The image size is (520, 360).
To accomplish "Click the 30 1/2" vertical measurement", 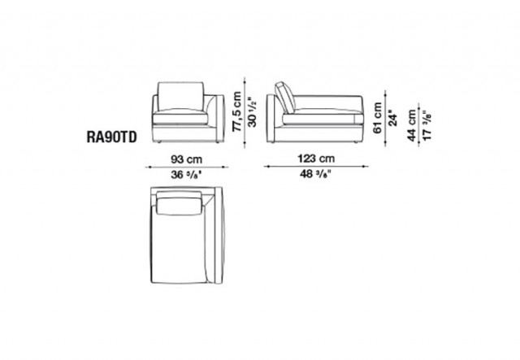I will point(253,113).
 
